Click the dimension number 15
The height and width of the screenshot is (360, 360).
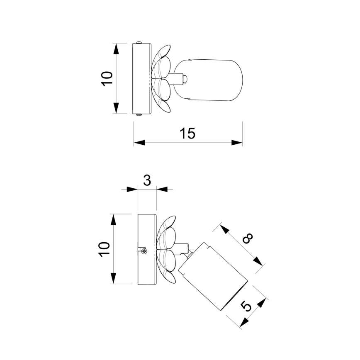click(187, 134)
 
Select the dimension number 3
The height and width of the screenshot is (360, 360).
click(146, 180)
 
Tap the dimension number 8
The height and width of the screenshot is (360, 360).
click(248, 240)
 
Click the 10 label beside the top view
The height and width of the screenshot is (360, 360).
click(107, 78)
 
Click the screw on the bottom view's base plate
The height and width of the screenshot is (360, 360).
click(144, 251)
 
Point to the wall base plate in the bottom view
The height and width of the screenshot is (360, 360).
click(147, 249)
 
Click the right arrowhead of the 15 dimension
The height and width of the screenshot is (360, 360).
click(238, 143)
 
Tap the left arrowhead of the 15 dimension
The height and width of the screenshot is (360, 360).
click(139, 143)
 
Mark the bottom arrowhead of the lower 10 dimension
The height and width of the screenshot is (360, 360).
click(114, 279)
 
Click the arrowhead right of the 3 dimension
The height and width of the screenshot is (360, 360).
click(162, 190)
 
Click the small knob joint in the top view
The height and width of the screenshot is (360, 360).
click(185, 78)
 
